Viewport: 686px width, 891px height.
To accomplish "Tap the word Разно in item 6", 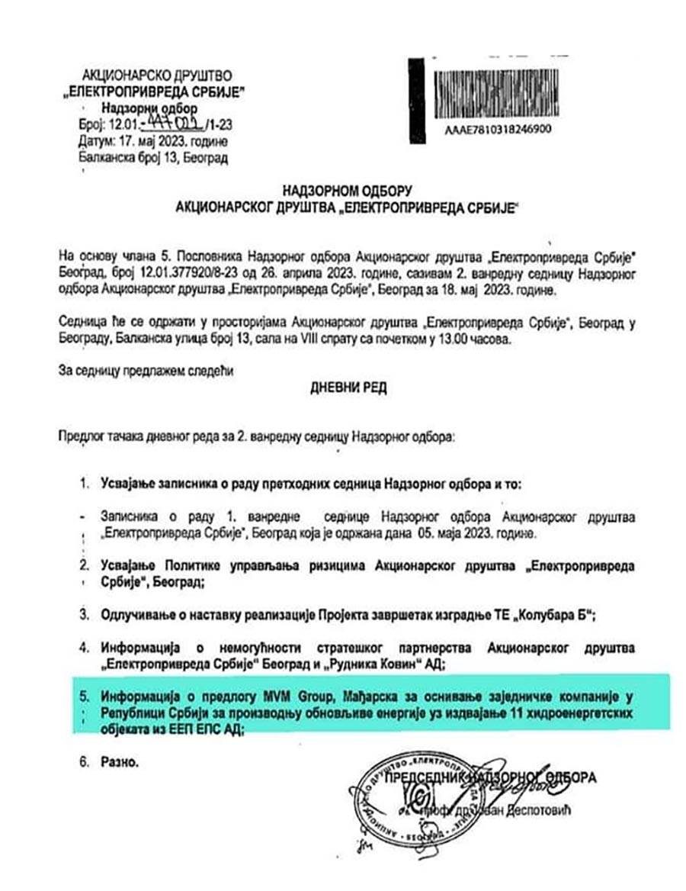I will pyautogui.click(x=119, y=761).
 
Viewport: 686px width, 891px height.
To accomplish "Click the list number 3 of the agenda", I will pyautogui.click(x=85, y=615).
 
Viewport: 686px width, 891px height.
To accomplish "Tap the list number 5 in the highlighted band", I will pyautogui.click(x=85, y=696).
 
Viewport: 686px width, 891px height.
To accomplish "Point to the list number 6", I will pyautogui.click(x=85, y=761).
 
